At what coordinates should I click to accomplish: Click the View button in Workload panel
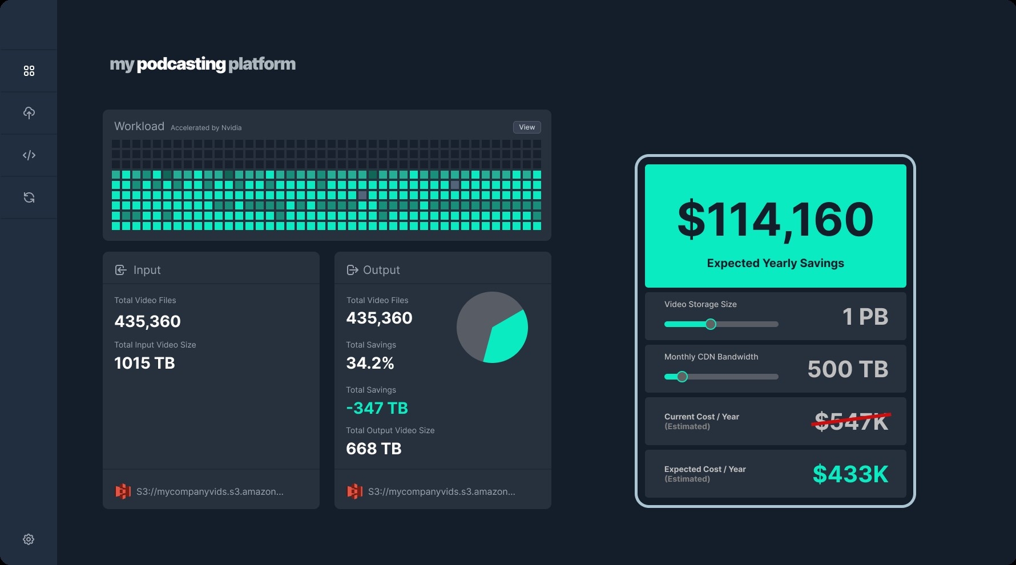527,127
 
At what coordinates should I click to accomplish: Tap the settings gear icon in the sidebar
29,539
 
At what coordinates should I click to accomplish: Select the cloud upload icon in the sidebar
29,113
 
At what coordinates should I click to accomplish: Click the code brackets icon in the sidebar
29,155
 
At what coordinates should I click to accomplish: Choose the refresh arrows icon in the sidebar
29,197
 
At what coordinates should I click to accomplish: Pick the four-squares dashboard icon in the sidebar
29,71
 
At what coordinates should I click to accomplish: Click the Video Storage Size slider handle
711,324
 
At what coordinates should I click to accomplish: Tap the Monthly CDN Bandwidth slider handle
682,377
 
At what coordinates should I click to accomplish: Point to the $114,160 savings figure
775,220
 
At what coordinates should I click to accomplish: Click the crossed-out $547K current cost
851,422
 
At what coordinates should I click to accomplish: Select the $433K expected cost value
850,474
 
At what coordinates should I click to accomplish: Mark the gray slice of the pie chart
477,320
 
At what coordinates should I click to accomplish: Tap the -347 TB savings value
377,408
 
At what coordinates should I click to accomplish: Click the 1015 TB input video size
144,363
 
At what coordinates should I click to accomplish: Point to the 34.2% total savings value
370,363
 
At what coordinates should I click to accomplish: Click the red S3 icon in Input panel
123,491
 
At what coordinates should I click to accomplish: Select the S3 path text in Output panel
441,491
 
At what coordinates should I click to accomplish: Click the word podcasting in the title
182,64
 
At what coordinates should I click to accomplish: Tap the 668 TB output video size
374,449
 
